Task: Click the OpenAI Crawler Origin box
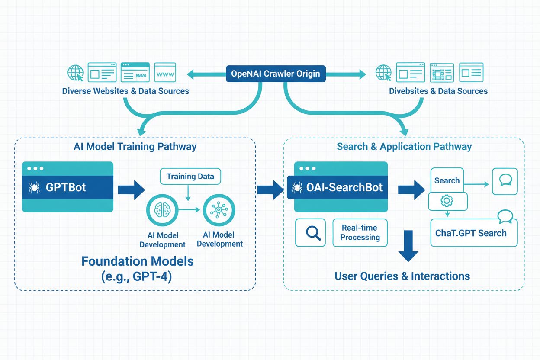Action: point(275,74)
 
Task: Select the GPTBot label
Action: point(66,187)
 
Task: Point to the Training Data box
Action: point(190,177)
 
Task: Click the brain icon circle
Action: point(162,210)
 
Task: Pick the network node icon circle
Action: point(219,210)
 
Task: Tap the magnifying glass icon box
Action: point(310,233)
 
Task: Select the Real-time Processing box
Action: point(360,233)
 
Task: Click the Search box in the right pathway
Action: point(447,180)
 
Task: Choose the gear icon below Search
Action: point(447,201)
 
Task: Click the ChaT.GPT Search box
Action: point(473,233)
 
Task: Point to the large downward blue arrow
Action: point(408,246)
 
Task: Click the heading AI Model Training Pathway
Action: point(135,146)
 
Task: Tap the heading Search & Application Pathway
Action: point(404,146)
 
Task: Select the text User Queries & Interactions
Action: point(402,276)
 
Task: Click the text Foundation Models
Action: point(137,261)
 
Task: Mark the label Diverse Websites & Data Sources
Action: point(125,91)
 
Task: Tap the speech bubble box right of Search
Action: point(505,180)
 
